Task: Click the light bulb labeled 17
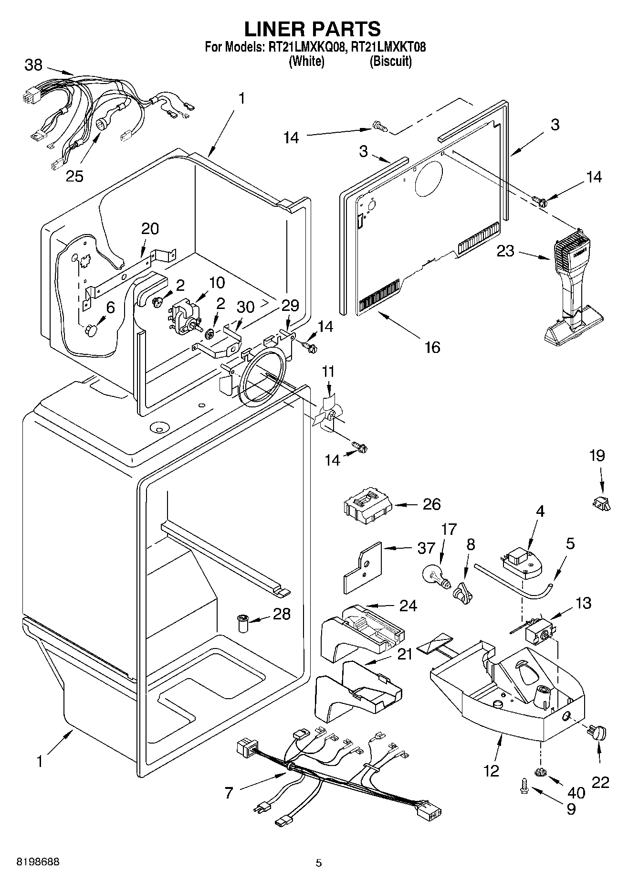click(x=436, y=574)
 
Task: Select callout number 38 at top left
click(x=33, y=65)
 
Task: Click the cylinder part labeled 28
click(x=244, y=624)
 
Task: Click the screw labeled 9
click(x=525, y=786)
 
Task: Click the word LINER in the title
click(x=275, y=29)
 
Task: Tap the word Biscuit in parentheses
click(x=390, y=61)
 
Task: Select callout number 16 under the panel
click(x=432, y=347)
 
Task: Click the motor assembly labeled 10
click(x=184, y=314)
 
